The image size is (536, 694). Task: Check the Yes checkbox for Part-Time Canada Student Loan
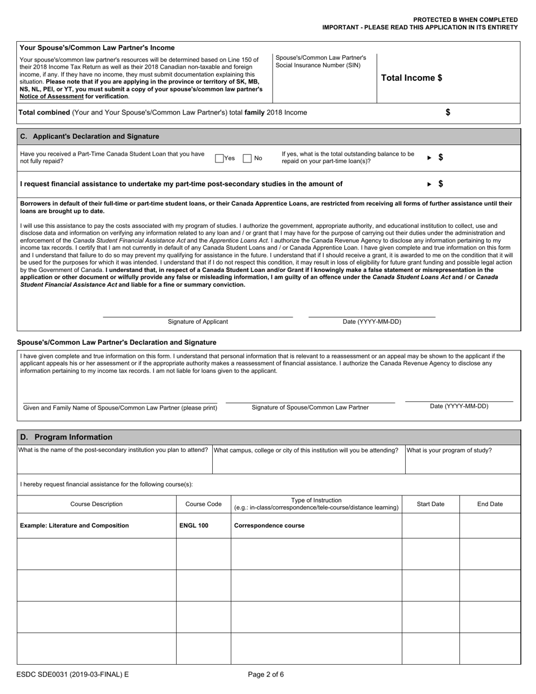219,159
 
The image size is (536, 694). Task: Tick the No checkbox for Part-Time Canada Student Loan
247,159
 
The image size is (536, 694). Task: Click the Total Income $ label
411,78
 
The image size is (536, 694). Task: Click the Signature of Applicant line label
198,322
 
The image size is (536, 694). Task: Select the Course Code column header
203,504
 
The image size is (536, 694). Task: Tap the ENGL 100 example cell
194,525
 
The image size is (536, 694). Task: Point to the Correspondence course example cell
269,525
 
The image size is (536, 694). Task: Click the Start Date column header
430,504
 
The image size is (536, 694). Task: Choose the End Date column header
490,504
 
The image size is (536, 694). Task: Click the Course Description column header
96,504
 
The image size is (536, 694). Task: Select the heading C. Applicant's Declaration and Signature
89,137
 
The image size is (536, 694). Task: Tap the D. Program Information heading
66,437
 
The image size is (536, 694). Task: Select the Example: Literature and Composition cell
74,525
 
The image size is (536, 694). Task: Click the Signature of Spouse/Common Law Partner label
310,407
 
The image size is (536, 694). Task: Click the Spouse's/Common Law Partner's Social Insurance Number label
320,62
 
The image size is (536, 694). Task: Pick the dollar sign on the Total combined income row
448,112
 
